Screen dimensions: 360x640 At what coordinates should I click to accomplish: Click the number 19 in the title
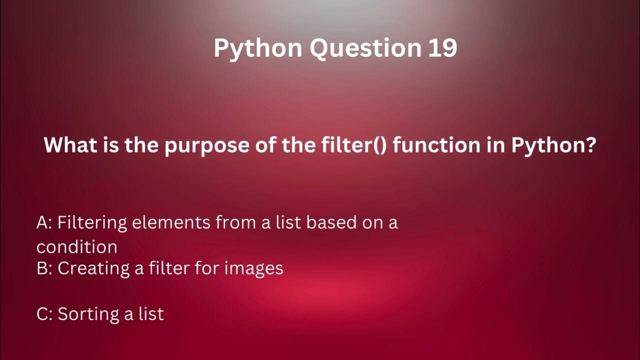(x=442, y=48)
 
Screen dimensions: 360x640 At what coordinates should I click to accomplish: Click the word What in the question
(x=67, y=145)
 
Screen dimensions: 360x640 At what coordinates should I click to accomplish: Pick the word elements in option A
(x=171, y=222)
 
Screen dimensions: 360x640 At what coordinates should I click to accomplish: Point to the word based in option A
(x=330, y=222)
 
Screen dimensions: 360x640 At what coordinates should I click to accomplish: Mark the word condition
(x=77, y=246)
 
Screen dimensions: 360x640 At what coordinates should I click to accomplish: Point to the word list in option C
(x=151, y=314)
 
